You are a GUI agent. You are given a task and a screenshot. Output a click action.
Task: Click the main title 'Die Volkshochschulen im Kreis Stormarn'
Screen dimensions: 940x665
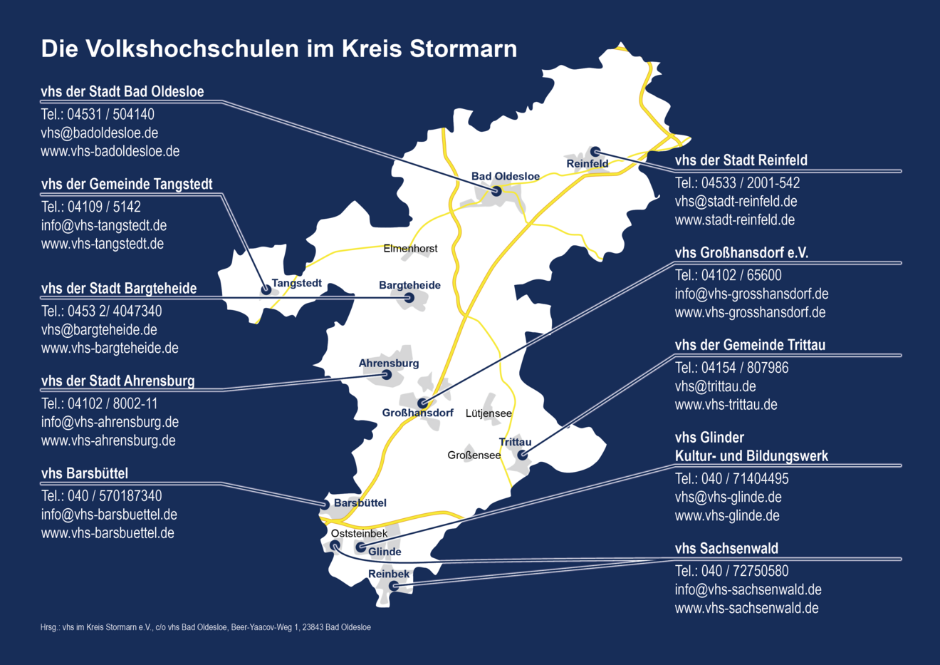(278, 49)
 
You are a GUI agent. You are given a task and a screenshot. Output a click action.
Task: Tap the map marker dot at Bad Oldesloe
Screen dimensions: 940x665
(496, 191)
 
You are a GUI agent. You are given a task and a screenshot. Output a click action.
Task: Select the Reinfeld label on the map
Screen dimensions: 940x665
(587, 164)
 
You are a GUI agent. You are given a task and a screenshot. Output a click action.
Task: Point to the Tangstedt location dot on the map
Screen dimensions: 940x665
(266, 289)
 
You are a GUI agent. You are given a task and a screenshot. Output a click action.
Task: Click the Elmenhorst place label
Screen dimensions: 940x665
(410, 249)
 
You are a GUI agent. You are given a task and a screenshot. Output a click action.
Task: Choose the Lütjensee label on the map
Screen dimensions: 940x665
(489, 413)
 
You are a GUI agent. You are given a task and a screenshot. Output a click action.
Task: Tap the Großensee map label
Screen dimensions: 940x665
(474, 455)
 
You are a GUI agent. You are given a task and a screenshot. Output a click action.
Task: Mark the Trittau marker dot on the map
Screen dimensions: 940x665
(522, 455)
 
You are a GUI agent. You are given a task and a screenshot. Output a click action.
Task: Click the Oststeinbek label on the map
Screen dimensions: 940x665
(359, 533)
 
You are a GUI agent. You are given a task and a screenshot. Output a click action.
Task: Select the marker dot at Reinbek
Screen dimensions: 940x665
(393, 586)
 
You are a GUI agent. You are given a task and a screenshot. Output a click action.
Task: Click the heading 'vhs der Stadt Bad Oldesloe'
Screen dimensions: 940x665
(122, 92)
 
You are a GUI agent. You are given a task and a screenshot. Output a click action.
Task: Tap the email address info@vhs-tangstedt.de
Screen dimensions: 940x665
(104, 225)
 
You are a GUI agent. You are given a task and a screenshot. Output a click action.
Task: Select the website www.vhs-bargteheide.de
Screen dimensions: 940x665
(110, 349)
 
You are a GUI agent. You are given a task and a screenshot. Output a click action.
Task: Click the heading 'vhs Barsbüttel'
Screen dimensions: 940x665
(85, 473)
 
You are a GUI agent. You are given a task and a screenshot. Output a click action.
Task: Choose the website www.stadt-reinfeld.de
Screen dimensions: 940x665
(735, 220)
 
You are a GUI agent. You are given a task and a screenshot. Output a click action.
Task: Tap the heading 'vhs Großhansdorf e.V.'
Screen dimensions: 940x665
(741, 253)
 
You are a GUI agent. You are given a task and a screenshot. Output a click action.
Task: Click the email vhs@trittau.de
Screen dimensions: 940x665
(716, 386)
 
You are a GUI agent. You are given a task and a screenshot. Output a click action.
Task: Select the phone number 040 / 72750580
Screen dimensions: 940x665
(732, 571)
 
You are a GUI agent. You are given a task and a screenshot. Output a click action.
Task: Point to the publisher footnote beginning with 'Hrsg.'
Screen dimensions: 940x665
(206, 627)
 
